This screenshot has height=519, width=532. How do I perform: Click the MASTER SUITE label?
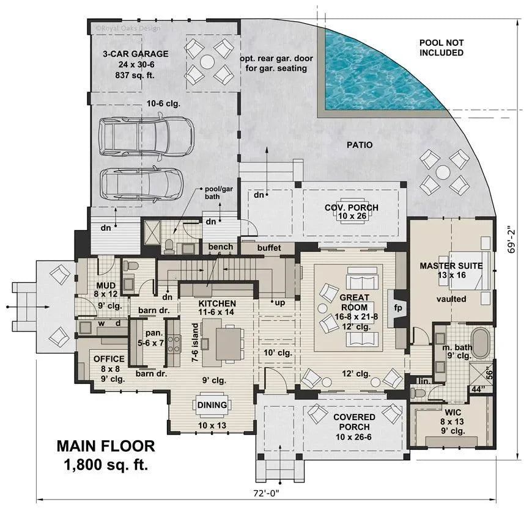click(451, 266)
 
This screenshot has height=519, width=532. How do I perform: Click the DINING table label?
click(212, 405)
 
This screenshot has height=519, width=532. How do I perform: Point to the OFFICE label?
click(108, 358)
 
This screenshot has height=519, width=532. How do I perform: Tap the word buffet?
click(268, 248)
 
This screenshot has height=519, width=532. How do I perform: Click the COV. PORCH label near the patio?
click(351, 208)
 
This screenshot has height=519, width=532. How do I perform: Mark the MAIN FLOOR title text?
click(106, 446)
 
